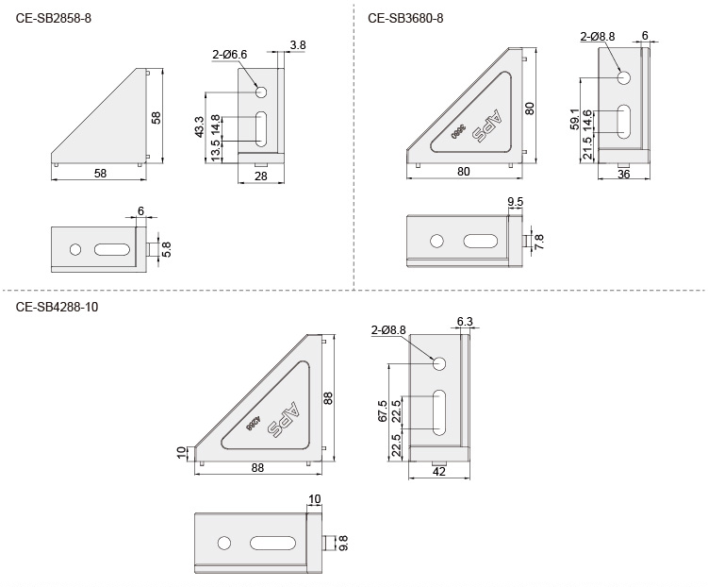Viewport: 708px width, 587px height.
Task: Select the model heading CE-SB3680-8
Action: [x=405, y=17]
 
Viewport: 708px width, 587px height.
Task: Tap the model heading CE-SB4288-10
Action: [x=57, y=307]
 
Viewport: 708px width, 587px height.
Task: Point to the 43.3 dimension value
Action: [x=199, y=127]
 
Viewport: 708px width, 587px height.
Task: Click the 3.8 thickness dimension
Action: [x=298, y=44]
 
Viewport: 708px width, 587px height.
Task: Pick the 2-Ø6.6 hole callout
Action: [x=229, y=55]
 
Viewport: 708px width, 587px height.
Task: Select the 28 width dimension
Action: [x=261, y=176]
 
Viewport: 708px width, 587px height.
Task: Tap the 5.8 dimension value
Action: [x=167, y=248]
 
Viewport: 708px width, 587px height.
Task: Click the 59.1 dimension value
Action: [x=575, y=121]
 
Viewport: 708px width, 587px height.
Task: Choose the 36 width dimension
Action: [x=623, y=175]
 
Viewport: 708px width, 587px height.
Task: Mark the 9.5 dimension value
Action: [x=516, y=202]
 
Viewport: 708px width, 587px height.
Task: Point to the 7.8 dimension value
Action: [x=539, y=243]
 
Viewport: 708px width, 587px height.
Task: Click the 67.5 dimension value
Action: [x=382, y=411]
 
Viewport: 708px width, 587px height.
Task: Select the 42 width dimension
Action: [x=438, y=471]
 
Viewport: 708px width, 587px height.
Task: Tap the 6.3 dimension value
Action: [x=464, y=322]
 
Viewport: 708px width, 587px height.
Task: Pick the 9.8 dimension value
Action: [x=342, y=543]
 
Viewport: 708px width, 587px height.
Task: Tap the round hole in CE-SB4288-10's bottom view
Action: [x=223, y=543]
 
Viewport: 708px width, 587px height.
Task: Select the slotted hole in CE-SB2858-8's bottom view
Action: [x=111, y=249]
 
